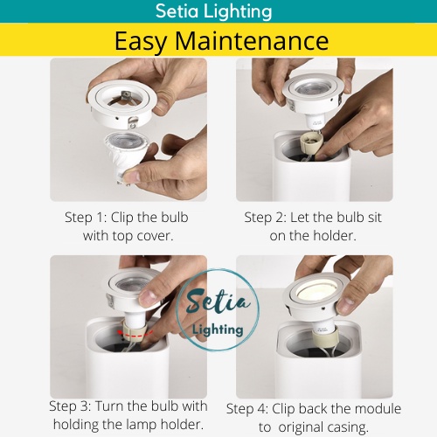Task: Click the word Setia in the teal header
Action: click(x=177, y=11)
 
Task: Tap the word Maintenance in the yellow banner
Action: click(x=252, y=41)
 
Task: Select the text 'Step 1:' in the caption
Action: click(x=86, y=218)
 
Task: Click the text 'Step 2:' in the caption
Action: click(x=265, y=218)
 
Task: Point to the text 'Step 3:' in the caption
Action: click(x=70, y=406)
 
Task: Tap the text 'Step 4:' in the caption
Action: click(x=247, y=409)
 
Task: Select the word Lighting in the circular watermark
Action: click(x=218, y=329)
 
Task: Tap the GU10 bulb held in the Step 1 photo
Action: click(x=127, y=156)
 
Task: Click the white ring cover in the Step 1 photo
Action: click(x=122, y=103)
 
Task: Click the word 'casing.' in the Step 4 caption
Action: click(x=348, y=427)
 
